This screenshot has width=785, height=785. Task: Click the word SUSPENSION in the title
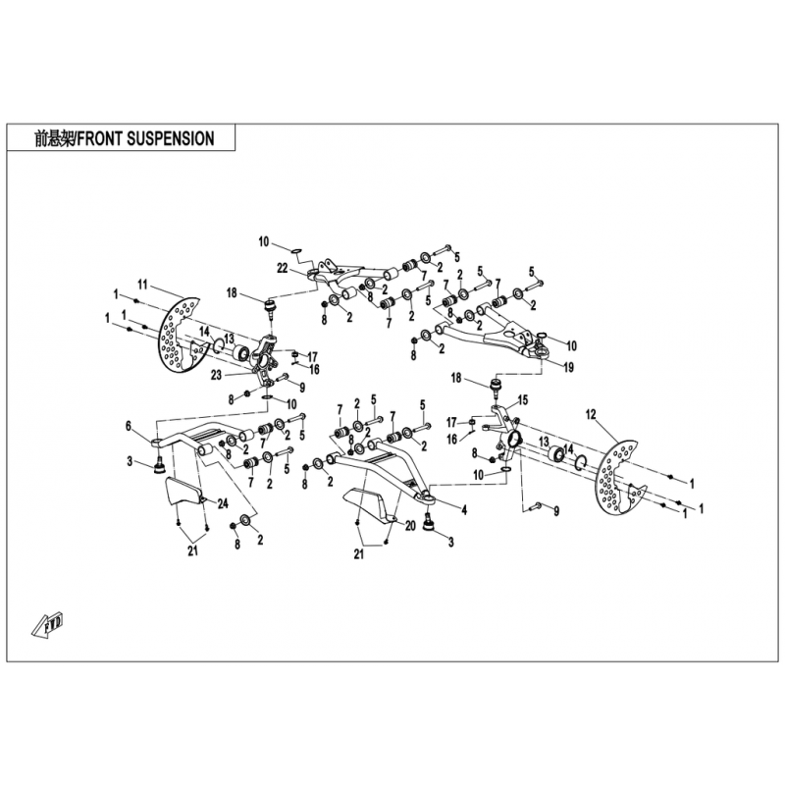click(171, 138)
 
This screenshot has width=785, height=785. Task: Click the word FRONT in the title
click(100, 138)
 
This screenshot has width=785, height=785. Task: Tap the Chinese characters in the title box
click(54, 138)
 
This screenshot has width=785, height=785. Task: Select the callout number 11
click(143, 285)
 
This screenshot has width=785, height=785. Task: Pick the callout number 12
click(591, 414)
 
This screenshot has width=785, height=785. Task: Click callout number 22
click(282, 268)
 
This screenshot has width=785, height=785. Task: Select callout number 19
click(568, 367)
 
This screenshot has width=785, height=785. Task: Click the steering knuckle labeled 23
click(264, 359)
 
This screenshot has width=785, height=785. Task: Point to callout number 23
click(216, 375)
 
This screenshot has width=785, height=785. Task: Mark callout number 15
click(522, 400)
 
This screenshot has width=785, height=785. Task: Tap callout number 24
click(223, 503)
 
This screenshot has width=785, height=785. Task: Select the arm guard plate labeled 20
click(367, 503)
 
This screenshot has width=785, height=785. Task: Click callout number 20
click(410, 526)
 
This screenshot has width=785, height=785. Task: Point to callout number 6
click(129, 426)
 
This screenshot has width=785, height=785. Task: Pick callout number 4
click(464, 509)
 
